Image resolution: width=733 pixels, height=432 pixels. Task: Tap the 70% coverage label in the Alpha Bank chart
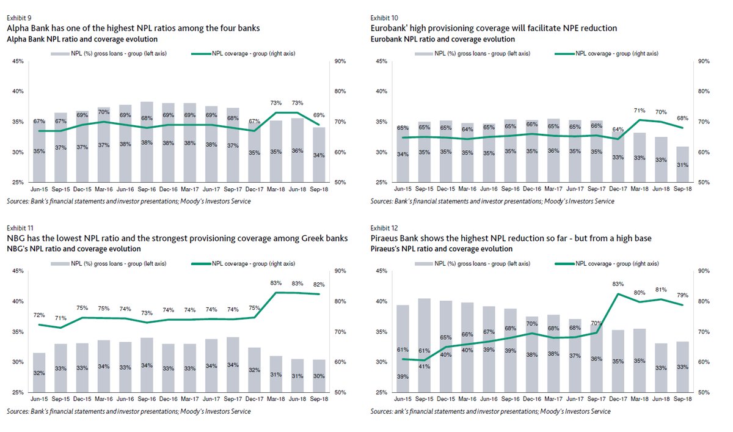click(x=103, y=112)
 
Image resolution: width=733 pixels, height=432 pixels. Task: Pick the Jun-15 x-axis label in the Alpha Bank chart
click(x=40, y=190)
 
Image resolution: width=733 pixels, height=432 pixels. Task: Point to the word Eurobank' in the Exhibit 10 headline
click(x=388, y=28)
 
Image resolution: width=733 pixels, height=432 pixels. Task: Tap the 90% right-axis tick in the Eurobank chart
click(x=704, y=61)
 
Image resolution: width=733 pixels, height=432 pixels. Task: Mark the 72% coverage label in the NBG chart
click(x=39, y=315)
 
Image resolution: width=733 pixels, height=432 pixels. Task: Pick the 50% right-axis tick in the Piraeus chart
click(x=704, y=392)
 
